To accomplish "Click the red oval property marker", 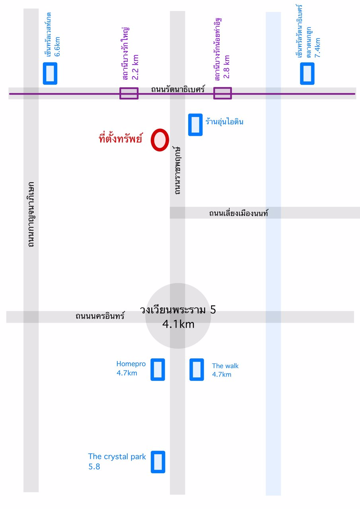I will (x=160, y=140).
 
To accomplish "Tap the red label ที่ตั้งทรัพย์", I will (x=120, y=139).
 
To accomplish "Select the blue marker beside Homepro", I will (x=158, y=369).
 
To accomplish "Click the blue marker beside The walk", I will (x=197, y=369).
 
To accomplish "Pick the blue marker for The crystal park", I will (x=158, y=462).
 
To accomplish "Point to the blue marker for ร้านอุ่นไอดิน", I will (x=195, y=125).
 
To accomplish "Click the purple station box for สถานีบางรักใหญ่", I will (x=129, y=93).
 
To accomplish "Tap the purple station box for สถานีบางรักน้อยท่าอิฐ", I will (x=222, y=93).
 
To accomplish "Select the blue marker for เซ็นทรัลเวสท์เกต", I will (x=50, y=73).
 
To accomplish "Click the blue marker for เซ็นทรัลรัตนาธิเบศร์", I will (x=307, y=73).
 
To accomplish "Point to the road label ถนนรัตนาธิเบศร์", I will (x=178, y=89).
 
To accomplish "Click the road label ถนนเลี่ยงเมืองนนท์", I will (x=239, y=214).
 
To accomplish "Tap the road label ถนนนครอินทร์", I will (x=100, y=317).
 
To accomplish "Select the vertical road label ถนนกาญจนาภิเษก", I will (x=31, y=215).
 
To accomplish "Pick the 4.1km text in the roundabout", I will (x=178, y=324).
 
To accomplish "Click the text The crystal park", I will (x=117, y=457).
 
